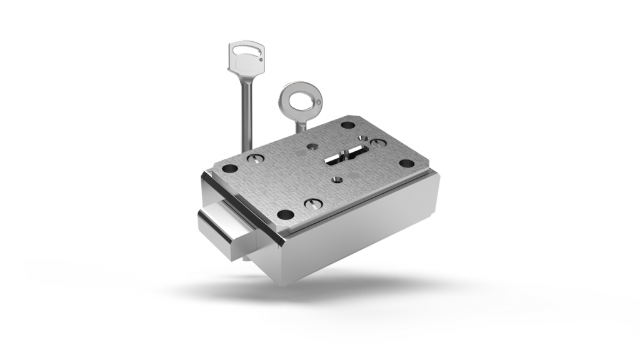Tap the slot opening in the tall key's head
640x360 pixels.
click(246, 47)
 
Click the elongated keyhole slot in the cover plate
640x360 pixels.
click(346, 154)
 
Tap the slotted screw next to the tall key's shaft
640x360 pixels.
click(254, 159)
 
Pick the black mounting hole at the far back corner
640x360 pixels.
click(347, 125)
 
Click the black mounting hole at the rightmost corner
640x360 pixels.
click(406, 164)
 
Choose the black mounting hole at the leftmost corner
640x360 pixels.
click(229, 169)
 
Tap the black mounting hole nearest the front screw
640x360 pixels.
click(285, 214)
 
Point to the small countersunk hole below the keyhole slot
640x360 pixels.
click(337, 179)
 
